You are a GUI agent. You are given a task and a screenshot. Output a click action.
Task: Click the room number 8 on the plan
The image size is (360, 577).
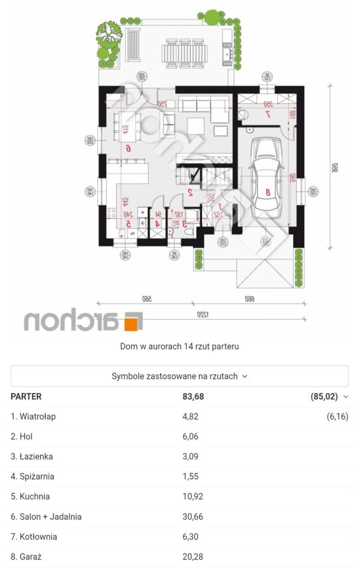click(x=269, y=193)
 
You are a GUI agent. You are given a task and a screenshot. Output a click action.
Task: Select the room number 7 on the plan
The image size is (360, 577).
click(x=268, y=114)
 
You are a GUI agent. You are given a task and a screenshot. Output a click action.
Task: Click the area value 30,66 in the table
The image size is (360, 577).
click(x=193, y=516)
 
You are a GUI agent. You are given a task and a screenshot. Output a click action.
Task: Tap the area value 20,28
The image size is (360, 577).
click(x=193, y=557)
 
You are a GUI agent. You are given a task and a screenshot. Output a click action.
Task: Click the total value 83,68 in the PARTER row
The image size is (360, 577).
click(x=193, y=396)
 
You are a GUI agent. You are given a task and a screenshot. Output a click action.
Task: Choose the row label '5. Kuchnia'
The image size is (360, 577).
click(x=30, y=496)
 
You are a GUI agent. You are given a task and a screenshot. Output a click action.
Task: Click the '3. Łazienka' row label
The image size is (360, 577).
click(x=32, y=456)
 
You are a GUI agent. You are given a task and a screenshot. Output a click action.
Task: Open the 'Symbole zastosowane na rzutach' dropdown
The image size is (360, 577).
click(x=180, y=376)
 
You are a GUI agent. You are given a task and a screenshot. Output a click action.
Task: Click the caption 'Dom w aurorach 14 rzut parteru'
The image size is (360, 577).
click(x=180, y=346)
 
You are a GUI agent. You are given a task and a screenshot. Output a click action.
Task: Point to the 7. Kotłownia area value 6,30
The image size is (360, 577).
click(x=191, y=537)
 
